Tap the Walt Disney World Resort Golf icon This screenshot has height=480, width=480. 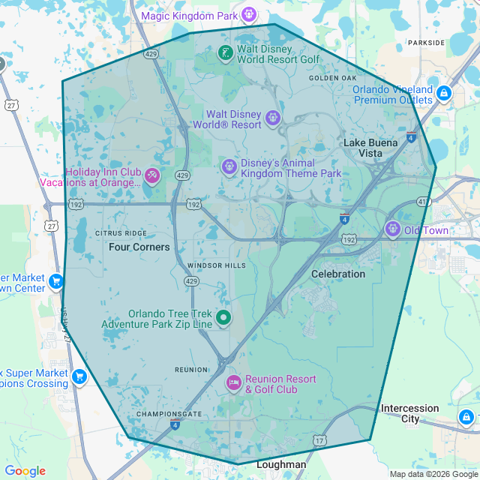pyautogui.click(x=225, y=53)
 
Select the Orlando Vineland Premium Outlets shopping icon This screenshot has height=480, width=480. pyautogui.click(x=444, y=94)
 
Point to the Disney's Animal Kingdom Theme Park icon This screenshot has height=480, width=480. pyautogui.click(x=229, y=166)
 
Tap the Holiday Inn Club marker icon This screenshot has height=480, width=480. pyautogui.click(x=152, y=175)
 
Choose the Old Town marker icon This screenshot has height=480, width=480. pyautogui.click(x=392, y=229)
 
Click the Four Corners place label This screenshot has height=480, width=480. pyautogui.click(x=139, y=247)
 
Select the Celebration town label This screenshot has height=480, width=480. pyautogui.click(x=338, y=274)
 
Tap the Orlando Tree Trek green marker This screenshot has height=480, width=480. pyautogui.click(x=223, y=318)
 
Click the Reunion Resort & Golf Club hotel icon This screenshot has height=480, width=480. pyautogui.click(x=233, y=383)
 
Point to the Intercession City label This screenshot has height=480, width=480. pyautogui.click(x=409, y=413)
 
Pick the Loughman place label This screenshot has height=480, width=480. pyautogui.click(x=281, y=464)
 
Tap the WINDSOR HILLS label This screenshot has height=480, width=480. pyautogui.click(x=217, y=265)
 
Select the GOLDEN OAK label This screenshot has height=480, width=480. pyautogui.click(x=333, y=77)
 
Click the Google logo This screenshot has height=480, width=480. pyautogui.click(x=25, y=470)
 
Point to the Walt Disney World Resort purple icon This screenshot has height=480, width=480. pyautogui.click(x=273, y=118)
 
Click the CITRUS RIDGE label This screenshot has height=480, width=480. pyautogui.click(x=121, y=233)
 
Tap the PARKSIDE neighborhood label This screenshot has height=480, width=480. pyautogui.click(x=426, y=43)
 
